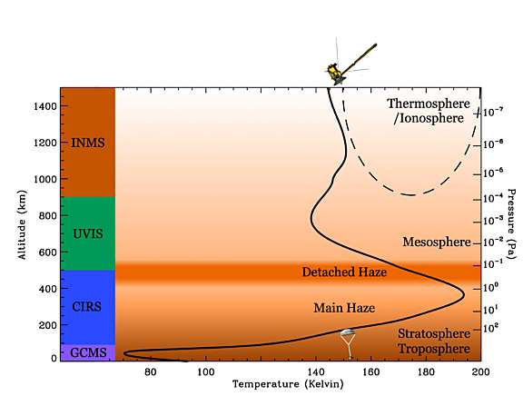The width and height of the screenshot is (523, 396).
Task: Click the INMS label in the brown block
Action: coord(87,143)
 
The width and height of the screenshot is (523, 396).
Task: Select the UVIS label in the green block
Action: coord(87,233)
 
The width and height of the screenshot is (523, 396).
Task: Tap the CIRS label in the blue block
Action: coord(87,307)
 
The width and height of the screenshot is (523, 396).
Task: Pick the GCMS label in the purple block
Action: coord(87,351)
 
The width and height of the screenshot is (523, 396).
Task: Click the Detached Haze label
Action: coord(344,272)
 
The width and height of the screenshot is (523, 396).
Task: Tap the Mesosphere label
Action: coord(436,243)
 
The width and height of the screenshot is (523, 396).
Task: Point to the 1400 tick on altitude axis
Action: coord(41,106)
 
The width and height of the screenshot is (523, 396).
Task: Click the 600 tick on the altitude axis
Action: coord(44,252)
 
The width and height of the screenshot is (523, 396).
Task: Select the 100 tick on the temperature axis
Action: coord(206,371)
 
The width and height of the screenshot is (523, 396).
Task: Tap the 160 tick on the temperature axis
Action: coord(370,371)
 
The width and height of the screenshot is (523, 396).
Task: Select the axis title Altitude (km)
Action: coord(21,223)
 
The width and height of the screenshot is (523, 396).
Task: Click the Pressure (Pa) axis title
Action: coord(513,223)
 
